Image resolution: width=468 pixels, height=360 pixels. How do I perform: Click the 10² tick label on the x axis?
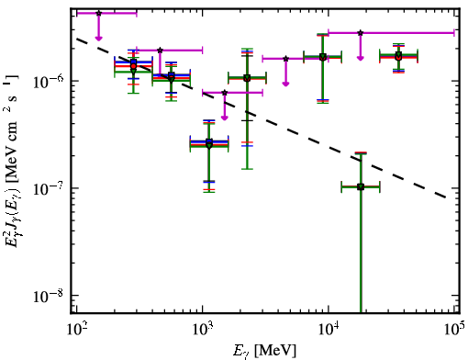pos(77,331)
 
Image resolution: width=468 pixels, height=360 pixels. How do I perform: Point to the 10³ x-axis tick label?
pos(203,331)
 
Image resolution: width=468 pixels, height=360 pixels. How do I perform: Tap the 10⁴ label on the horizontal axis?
pos(329,331)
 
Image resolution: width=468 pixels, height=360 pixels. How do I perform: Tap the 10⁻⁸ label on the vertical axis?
pos(49,295)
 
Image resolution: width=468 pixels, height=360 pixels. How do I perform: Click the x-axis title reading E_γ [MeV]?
pos(264,351)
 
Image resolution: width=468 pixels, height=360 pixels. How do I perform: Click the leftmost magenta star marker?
pos(98,13)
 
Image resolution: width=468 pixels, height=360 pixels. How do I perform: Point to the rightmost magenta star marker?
pos(361,32)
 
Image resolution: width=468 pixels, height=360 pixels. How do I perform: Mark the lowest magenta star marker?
pos(225,93)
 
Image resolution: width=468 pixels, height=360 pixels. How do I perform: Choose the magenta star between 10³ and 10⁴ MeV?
pos(285,59)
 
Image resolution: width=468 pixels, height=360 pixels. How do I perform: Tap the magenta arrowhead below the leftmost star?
pos(98,38)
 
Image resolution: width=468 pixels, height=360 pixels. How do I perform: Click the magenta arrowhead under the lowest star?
pos(225,118)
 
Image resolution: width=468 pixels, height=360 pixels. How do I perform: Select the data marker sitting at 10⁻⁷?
pos(361,186)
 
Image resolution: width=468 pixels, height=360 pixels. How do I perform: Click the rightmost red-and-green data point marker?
pos(398,57)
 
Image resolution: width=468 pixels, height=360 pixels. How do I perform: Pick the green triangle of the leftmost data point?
pos(133,71)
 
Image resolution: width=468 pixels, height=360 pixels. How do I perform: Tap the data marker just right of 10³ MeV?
pos(209,143)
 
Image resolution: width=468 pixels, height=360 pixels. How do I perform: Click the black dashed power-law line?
pos(262,118)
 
